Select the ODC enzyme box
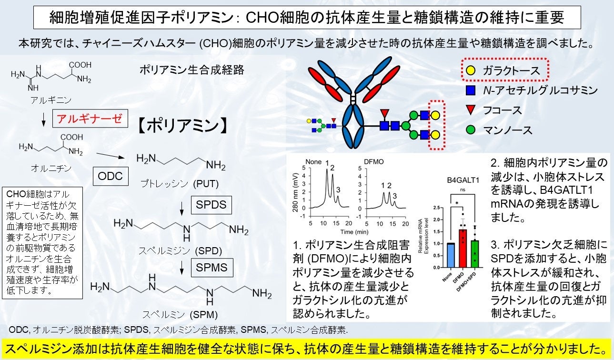pyautogui.click(x=110, y=176)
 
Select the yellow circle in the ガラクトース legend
pyautogui.click(x=470, y=71)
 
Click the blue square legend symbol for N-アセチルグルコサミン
pyautogui.click(x=470, y=90)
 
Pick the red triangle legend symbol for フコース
pyautogui.click(x=470, y=110)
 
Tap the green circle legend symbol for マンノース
pyautogui.click(x=470, y=130)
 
